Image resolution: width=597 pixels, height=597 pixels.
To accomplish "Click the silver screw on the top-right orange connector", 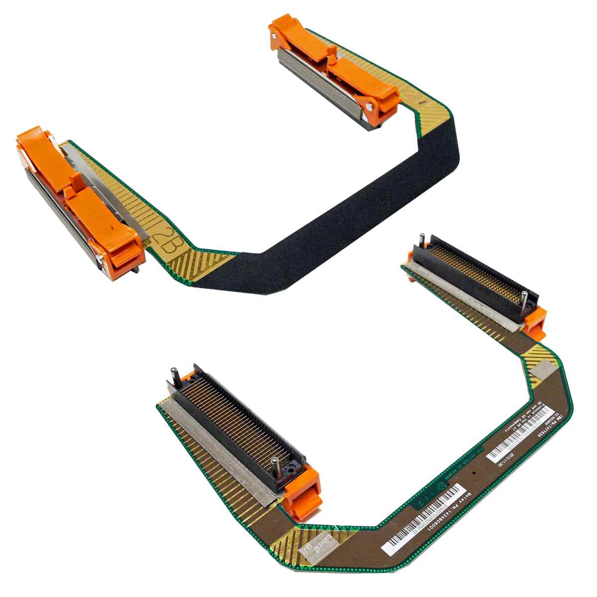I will tap(370, 105).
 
